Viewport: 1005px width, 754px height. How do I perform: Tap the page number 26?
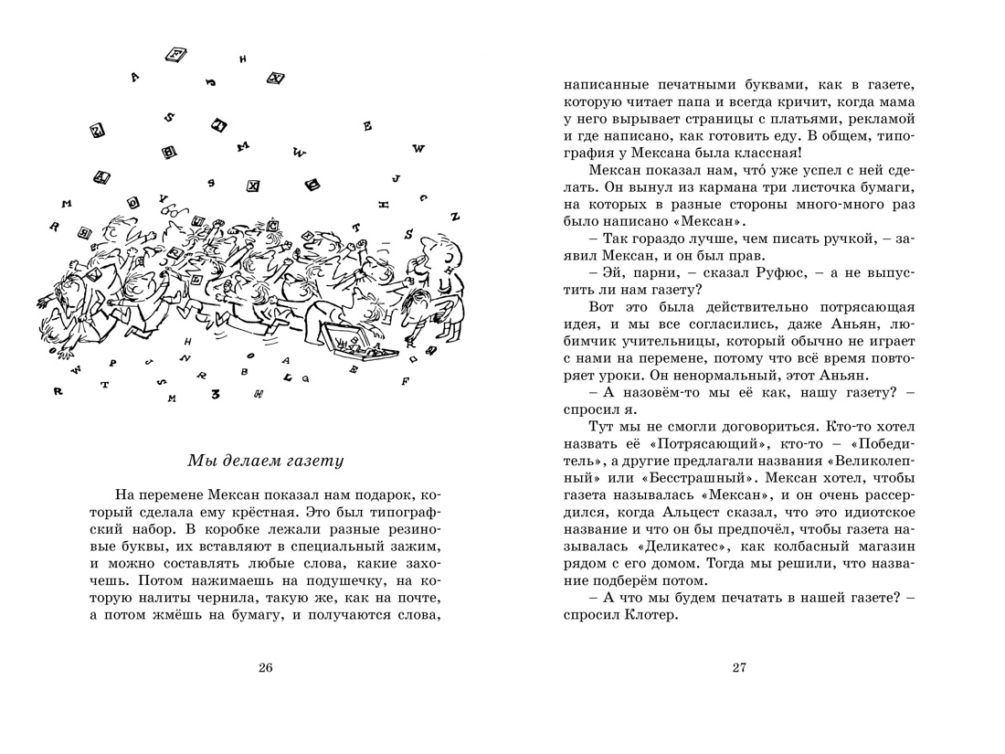[x=265, y=667]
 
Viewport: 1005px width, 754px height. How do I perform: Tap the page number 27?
[x=739, y=667]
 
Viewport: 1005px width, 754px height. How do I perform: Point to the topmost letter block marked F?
[x=175, y=55]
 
